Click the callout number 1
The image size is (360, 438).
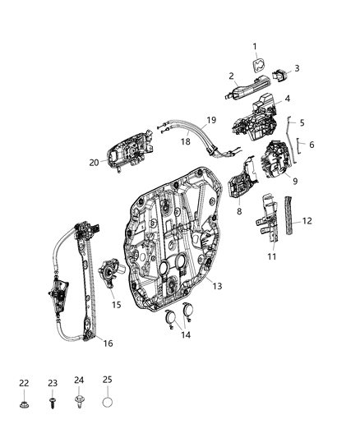[254, 46]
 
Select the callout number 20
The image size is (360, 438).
[95, 162]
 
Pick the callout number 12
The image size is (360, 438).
[307, 221]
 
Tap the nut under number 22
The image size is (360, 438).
[24, 404]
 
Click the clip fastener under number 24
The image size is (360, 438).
[79, 403]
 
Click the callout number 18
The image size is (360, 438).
[185, 141]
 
